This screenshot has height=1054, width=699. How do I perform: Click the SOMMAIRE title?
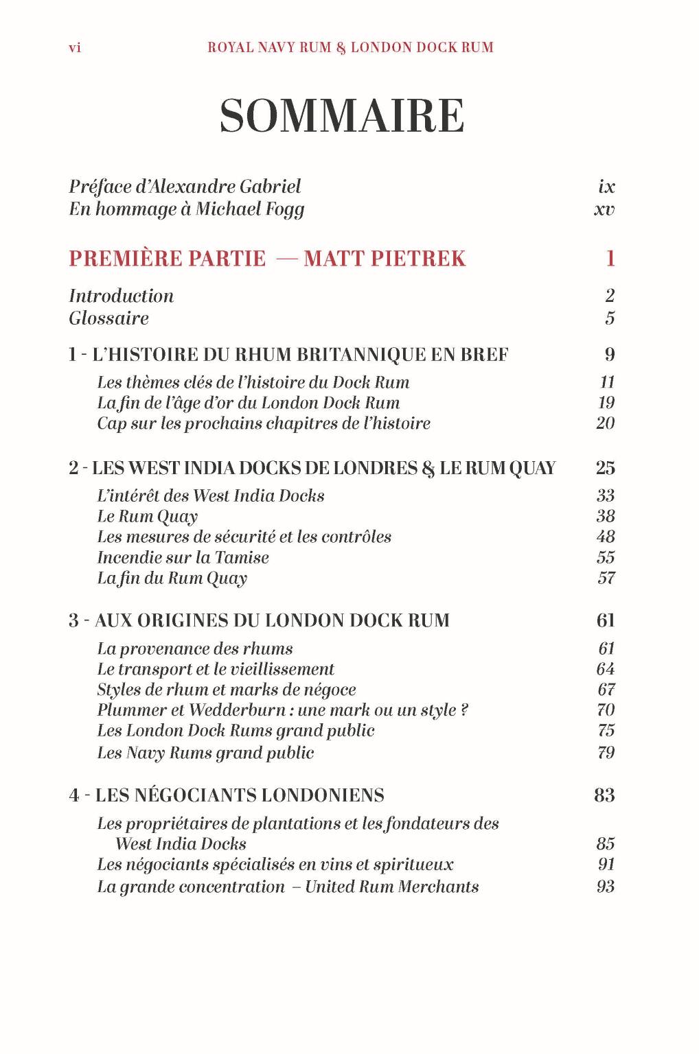[x=342, y=116]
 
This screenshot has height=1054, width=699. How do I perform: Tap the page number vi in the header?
[x=75, y=48]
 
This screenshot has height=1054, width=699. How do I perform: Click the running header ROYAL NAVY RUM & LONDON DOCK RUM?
[x=350, y=48]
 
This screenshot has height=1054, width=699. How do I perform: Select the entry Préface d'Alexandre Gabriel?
[x=185, y=187]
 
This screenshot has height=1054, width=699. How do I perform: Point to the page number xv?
[x=604, y=209]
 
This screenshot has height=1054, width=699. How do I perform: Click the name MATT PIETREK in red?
[x=385, y=259]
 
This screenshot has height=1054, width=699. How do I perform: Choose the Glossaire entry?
[x=108, y=318]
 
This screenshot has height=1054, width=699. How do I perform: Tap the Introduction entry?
[x=122, y=296]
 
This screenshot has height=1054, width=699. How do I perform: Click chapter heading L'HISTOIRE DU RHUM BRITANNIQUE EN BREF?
[x=300, y=355]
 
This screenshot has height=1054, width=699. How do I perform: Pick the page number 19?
[x=606, y=403]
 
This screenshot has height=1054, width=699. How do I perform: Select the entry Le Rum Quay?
[x=147, y=517]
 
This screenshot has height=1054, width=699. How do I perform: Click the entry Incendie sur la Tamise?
[x=183, y=557]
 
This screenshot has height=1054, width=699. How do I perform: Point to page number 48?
[x=606, y=537]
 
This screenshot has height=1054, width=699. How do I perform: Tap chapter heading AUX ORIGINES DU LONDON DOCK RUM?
[x=272, y=620]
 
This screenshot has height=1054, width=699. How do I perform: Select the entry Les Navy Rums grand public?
[x=205, y=753]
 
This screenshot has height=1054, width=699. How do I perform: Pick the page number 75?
[x=606, y=731]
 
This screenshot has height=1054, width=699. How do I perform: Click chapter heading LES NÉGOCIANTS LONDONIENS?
[x=240, y=795]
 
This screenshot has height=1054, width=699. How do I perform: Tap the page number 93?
[x=606, y=887]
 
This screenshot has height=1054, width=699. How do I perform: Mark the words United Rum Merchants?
[x=391, y=887]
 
